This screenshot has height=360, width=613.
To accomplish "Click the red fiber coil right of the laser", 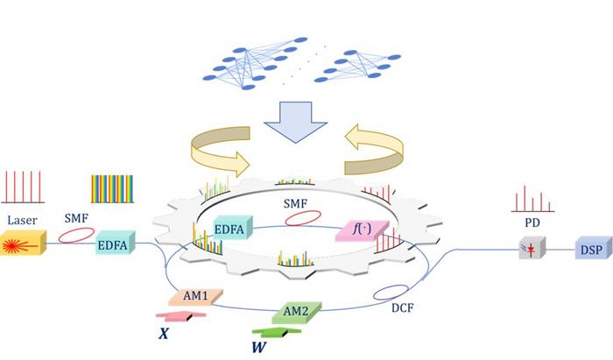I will point(75,236).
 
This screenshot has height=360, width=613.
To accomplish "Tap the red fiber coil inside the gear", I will point(299,220).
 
